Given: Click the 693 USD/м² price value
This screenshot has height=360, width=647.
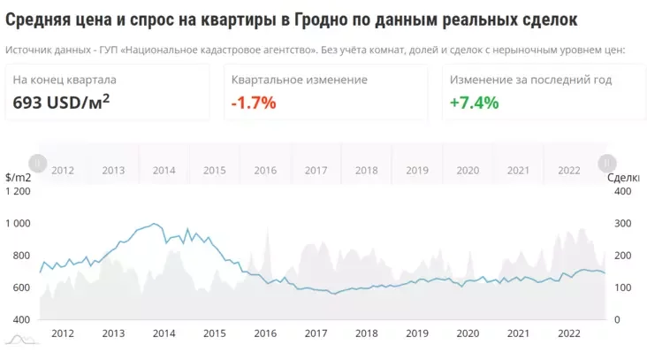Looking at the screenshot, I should click(61, 102).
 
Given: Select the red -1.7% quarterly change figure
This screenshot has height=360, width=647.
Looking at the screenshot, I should click(254, 103).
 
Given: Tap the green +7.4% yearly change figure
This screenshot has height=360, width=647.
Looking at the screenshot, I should click(474, 103).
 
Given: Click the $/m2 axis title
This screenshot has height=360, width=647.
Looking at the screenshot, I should click(18, 178).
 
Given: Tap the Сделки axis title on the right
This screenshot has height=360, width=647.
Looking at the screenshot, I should click(625, 178).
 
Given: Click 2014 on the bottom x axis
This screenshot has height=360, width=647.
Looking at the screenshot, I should click(164, 333).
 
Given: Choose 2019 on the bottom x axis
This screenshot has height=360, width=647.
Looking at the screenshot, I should click(417, 333).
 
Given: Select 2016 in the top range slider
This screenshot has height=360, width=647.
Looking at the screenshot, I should click(265, 171).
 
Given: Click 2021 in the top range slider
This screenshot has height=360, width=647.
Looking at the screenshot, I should click(519, 171).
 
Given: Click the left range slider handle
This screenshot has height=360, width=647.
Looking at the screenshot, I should click(37, 163).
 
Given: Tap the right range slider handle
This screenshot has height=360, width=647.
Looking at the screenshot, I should click(607, 163).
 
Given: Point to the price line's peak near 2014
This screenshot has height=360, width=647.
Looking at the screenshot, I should click(154, 224).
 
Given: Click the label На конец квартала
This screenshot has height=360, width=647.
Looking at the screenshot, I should click(65, 80).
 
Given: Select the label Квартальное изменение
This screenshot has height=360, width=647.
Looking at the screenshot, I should click(299, 80).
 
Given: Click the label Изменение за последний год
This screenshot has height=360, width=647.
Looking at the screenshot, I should click(530, 80).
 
